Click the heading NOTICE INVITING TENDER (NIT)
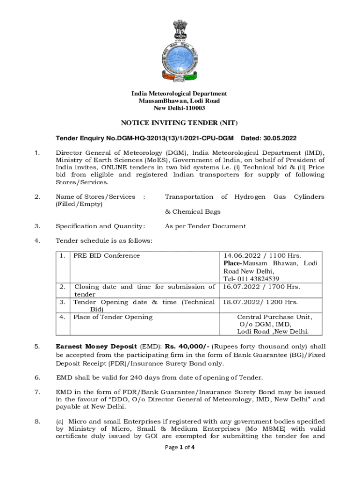coord(180,123)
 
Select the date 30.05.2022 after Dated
coord(278,139)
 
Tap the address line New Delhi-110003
coord(180,108)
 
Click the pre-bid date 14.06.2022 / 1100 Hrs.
coord(262,255)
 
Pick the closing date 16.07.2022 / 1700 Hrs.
coord(261,287)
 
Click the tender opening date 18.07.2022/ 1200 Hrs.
coord(260,302)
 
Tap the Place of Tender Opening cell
coord(113,317)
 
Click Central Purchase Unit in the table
coord(274,317)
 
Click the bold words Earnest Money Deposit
coord(96,347)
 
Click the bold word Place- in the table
coord(235,263)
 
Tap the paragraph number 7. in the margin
coord(37,392)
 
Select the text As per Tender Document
coord(205,226)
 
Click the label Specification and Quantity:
coord(101,226)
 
